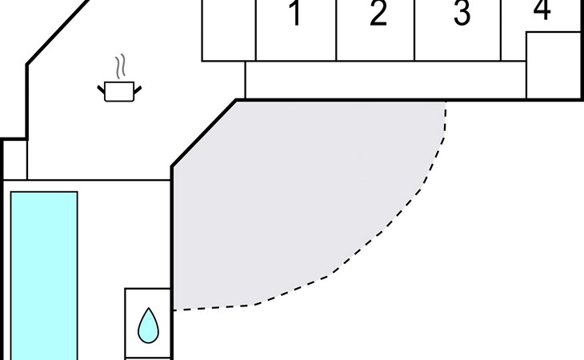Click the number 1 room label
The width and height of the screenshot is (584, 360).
click(x=296, y=14)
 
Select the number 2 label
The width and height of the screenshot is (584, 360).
click(x=378, y=14)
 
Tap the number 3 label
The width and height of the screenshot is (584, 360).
click(x=462, y=14)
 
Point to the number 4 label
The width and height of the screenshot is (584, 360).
click(x=542, y=10)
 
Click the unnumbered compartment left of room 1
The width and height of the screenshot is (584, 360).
click(x=229, y=30)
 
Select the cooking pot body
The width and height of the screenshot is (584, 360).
click(x=119, y=91)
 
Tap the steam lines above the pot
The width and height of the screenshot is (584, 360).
click(x=120, y=67)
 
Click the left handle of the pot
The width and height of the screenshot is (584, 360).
click(x=101, y=90)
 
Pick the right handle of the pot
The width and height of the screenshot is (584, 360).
click(x=138, y=90)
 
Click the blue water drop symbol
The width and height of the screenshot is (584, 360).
click(x=148, y=326)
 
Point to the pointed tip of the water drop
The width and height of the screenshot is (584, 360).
click(x=149, y=308)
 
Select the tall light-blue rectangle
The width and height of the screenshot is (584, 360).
click(x=44, y=275)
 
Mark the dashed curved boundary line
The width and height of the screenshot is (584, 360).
click(x=379, y=232)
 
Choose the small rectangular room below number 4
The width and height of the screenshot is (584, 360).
click(x=554, y=65)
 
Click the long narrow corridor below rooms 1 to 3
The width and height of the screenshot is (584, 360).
click(x=386, y=80)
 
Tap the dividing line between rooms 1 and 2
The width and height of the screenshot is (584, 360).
click(x=336, y=30)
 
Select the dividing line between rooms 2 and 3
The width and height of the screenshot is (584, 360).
click(x=414, y=30)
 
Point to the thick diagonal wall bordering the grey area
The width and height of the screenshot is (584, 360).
click(x=204, y=134)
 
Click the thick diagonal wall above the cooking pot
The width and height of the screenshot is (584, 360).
click(x=58, y=32)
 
